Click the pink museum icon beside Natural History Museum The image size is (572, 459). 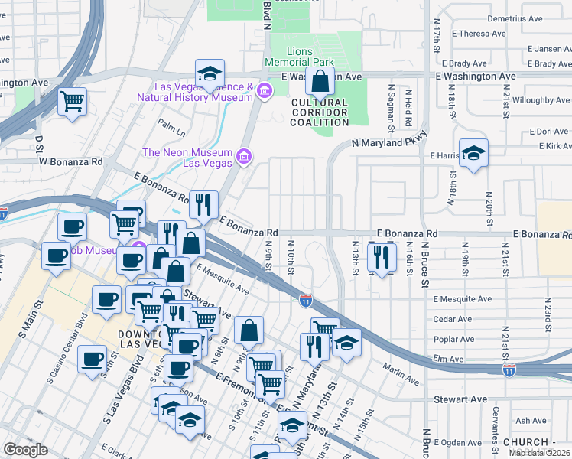265,93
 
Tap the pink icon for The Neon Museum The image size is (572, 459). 244,158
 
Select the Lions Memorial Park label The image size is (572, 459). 300,56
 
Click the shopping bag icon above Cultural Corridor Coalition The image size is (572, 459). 320,80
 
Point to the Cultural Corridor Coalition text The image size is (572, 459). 320,112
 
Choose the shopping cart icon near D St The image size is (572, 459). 73,100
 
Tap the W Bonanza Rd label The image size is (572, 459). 70,162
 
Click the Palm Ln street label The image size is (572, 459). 171,122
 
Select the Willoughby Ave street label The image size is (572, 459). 541,100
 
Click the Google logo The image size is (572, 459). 25,450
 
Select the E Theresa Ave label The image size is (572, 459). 479,34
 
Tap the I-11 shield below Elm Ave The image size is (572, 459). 509,370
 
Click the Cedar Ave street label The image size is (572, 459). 452,319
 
